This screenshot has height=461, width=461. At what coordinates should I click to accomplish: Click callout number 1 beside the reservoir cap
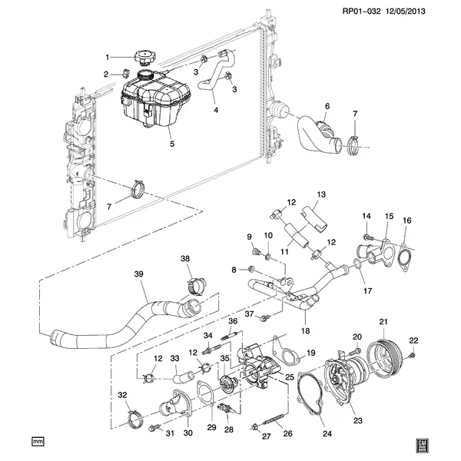click(108, 56)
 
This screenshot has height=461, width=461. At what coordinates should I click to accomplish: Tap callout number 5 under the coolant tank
click(172, 144)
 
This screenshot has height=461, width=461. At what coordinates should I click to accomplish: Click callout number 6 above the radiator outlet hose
click(327, 106)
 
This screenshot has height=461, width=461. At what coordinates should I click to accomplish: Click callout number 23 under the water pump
click(357, 420)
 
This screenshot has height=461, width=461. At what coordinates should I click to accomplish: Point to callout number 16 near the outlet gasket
click(407, 221)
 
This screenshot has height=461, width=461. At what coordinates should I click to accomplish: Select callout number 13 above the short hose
click(321, 194)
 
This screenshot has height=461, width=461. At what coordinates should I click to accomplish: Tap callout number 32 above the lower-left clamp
click(122, 395)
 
